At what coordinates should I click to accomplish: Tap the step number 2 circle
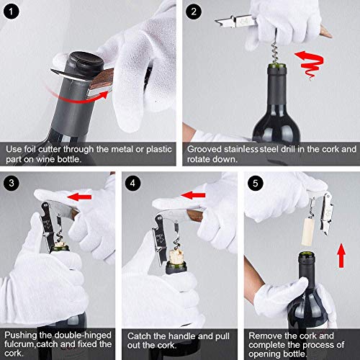tap(193, 12)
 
